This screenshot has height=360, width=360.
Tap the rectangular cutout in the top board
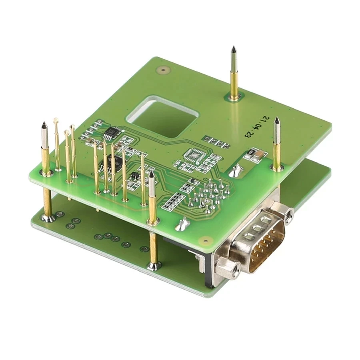click(162, 117)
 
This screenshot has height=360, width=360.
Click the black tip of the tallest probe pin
click(234, 49)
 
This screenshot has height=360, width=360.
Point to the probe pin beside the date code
click(277, 145)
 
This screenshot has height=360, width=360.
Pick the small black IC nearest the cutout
click(112, 132)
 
